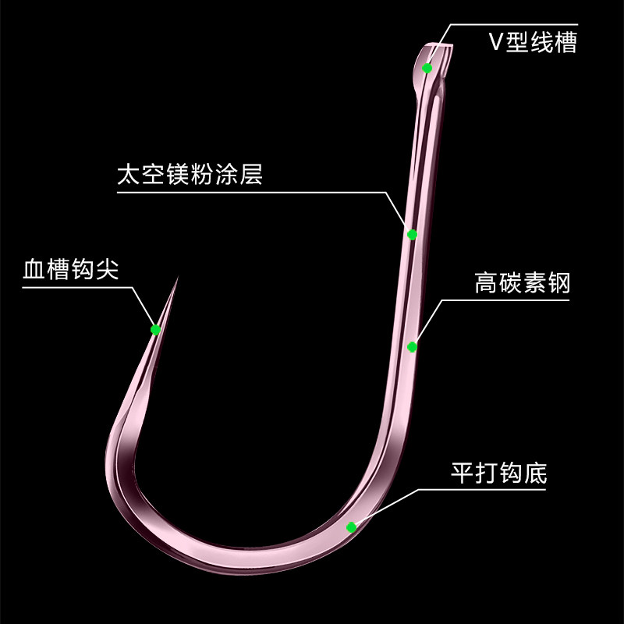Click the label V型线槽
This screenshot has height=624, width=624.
(x=533, y=41)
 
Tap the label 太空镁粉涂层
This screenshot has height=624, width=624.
(x=190, y=173)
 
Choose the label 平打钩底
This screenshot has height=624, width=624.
(x=499, y=473)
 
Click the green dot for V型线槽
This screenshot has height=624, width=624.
(x=427, y=68)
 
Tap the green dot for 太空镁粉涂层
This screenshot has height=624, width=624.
(x=412, y=234)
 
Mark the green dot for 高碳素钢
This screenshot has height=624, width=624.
(x=413, y=346)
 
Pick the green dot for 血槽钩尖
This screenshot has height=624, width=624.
(x=155, y=329)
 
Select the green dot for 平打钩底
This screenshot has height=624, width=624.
(x=352, y=526)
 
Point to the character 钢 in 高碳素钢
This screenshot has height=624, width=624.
(x=558, y=282)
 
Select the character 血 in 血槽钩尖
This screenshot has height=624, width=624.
(x=34, y=271)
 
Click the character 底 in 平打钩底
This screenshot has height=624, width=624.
(x=536, y=473)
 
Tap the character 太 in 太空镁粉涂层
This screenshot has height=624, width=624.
(x=127, y=173)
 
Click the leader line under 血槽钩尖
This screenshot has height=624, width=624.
(x=78, y=287)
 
